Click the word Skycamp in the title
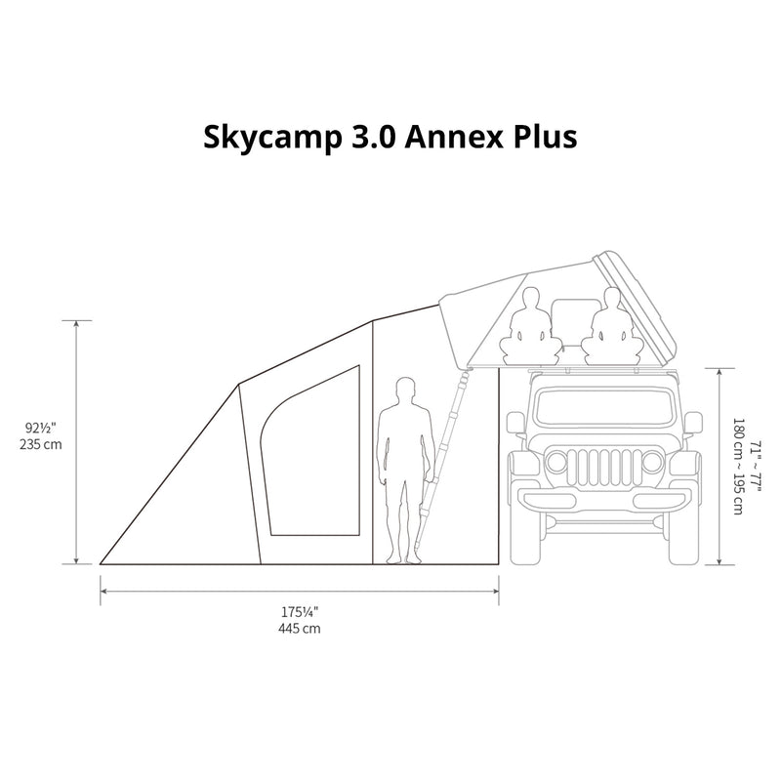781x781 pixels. [272, 138]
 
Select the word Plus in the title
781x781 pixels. [546, 137]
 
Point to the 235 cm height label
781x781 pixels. [41, 444]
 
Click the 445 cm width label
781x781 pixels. [300, 629]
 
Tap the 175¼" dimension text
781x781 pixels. [299, 612]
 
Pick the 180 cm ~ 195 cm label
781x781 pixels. [738, 467]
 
